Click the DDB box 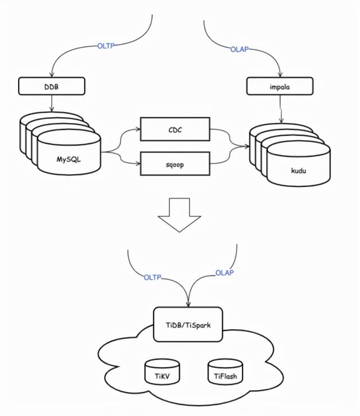(52, 86)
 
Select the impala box (279, 86)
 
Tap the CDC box (174, 129)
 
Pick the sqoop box (174, 164)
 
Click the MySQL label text (69, 159)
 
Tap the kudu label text (298, 170)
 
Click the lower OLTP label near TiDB (152, 277)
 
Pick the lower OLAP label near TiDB (224, 273)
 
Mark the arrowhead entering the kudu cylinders (247, 147)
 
